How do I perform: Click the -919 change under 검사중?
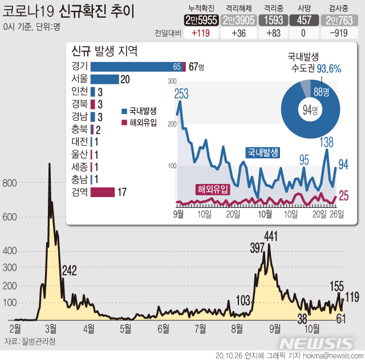click(x=340, y=33)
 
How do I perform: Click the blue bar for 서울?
click(x=104, y=79)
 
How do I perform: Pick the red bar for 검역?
click(x=103, y=192)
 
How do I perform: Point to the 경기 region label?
click(x=79, y=67)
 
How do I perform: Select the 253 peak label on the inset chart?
click(x=181, y=95)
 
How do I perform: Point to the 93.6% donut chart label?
click(x=328, y=69)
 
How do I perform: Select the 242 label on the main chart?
click(x=69, y=270)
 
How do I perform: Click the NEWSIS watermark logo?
click(x=317, y=343)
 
